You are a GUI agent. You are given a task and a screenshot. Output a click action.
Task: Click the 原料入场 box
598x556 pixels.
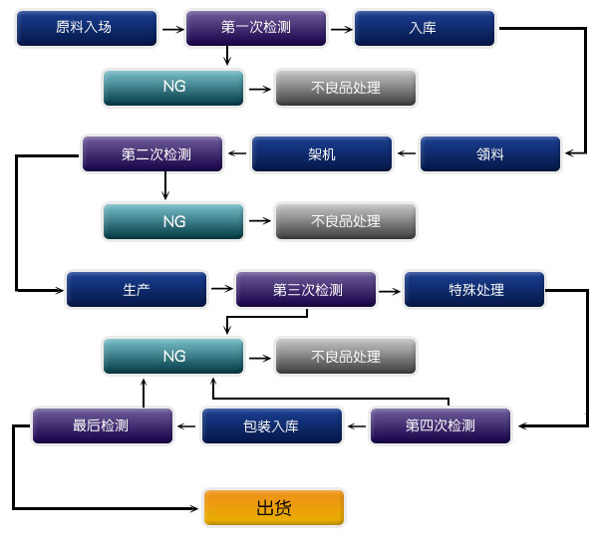click(87, 28)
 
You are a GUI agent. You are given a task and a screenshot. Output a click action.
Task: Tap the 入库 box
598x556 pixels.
click(424, 28)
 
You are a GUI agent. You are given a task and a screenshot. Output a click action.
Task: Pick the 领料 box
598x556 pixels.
click(491, 153)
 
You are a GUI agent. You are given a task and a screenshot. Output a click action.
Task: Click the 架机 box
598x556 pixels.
click(322, 153)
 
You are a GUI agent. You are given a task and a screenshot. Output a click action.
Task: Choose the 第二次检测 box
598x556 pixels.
click(152, 153)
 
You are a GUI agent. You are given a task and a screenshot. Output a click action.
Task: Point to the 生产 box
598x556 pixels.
click(137, 289)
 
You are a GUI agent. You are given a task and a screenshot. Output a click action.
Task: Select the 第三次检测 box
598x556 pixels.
click(306, 289)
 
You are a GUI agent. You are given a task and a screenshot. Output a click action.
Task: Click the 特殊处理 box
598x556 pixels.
click(474, 289)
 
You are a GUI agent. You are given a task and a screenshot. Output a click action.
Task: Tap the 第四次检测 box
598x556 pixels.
click(441, 425)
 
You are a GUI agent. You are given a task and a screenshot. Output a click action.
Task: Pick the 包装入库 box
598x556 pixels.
click(272, 425)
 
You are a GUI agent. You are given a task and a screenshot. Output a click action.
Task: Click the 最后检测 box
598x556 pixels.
click(103, 425)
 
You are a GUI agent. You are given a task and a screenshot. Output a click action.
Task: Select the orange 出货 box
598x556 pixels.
click(274, 507)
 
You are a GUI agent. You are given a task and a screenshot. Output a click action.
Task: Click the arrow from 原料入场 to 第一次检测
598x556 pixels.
click(171, 29)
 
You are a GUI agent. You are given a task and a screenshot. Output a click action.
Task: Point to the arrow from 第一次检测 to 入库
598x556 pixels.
click(340, 29)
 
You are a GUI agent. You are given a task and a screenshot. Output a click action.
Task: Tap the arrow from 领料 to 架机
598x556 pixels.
click(407, 153)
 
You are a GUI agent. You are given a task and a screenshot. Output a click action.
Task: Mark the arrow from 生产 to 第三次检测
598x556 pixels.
click(221, 289)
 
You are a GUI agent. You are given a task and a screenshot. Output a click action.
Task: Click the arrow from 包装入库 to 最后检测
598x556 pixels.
click(187, 426)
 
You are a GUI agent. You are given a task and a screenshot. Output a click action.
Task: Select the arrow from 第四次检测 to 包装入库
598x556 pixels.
click(356, 426)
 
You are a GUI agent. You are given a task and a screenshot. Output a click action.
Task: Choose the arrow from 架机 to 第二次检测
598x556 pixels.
click(237, 153)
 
